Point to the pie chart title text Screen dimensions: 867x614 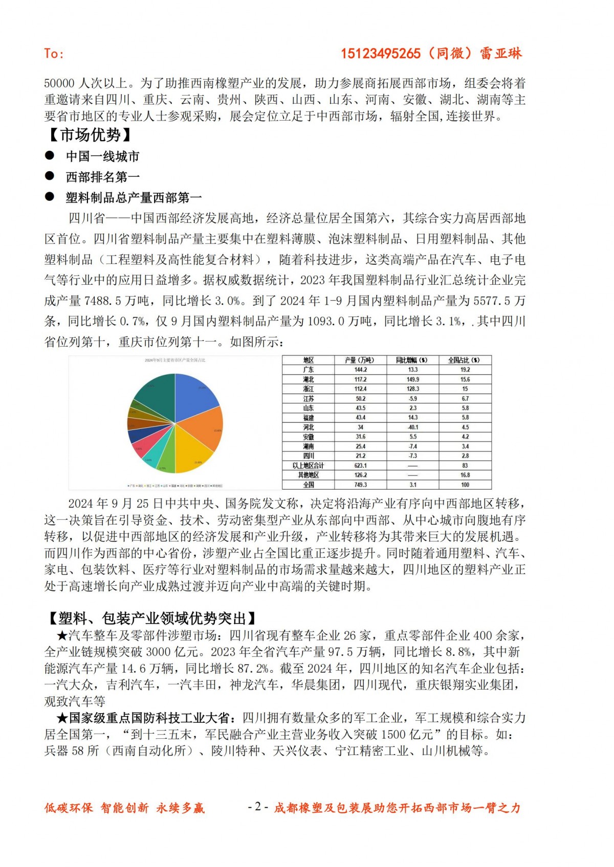pos(174,360)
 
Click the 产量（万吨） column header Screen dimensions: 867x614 pos(360,360)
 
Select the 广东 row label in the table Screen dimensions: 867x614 pos(308,370)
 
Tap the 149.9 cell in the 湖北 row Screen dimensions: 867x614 pos(412,379)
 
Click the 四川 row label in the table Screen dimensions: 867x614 pos(308,455)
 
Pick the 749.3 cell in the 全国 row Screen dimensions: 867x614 pos(360,485)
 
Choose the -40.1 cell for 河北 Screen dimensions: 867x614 pos(412,427)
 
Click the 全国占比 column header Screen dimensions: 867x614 pos(464,360)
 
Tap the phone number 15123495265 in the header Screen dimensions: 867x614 pos(381,54)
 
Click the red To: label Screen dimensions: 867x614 pos(54,54)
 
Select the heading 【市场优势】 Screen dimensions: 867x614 pos(90,135)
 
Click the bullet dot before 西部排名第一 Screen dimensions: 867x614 pos(50,176)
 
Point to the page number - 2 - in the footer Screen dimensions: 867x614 pos(258,807)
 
